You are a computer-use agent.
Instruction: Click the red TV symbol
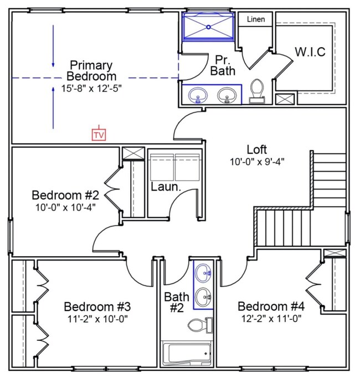[x=99, y=134]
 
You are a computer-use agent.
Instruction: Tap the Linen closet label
[x=256, y=19]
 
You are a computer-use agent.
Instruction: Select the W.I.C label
[x=310, y=52]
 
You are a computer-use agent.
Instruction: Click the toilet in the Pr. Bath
[x=257, y=91]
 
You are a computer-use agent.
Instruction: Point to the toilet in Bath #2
[x=200, y=325]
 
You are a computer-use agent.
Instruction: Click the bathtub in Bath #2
[x=186, y=353]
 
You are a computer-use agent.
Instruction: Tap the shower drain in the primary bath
[x=209, y=27]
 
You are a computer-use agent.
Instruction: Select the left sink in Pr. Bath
[x=198, y=95]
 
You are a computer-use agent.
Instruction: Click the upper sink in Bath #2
[x=203, y=273]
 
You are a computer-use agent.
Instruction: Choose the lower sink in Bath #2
[x=203, y=297]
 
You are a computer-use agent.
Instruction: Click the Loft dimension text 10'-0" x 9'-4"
[x=257, y=162]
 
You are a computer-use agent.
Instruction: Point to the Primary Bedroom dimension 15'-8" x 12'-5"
[x=91, y=89]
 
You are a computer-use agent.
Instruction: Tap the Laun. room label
[x=166, y=187]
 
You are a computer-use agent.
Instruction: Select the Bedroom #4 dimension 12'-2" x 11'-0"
[x=271, y=319]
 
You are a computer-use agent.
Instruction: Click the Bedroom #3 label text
[x=97, y=307]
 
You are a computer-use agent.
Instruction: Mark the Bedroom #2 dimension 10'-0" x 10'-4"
[x=65, y=207]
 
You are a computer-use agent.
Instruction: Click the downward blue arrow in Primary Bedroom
[x=53, y=46]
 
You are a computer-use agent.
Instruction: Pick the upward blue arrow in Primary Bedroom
[x=53, y=108]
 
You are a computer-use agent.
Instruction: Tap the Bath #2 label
[x=177, y=302]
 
